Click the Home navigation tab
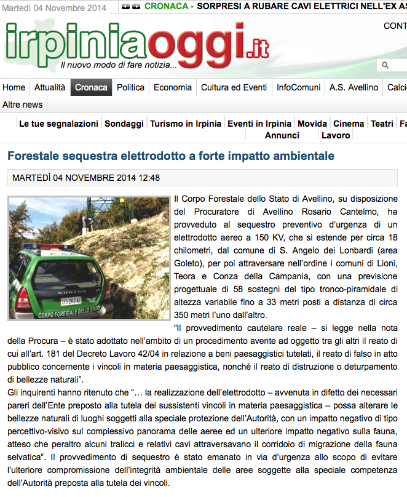tap(14, 87)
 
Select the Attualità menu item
tap(50, 87)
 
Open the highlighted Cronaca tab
tap(91, 87)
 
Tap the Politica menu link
tap(130, 87)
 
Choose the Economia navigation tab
tap(173, 87)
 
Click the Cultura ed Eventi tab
tap(234, 87)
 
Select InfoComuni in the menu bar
tap(298, 87)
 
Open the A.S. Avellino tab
tap(354, 87)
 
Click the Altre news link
tap(23, 105)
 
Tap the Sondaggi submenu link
tap(124, 124)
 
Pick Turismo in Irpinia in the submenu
tap(186, 124)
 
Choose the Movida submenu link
tap(312, 124)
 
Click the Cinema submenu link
tap(349, 124)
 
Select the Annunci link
tap(282, 135)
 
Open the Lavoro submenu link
tap(336, 135)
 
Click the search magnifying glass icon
tap(385, 65)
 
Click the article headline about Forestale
tap(171, 156)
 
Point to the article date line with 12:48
tap(86, 178)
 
